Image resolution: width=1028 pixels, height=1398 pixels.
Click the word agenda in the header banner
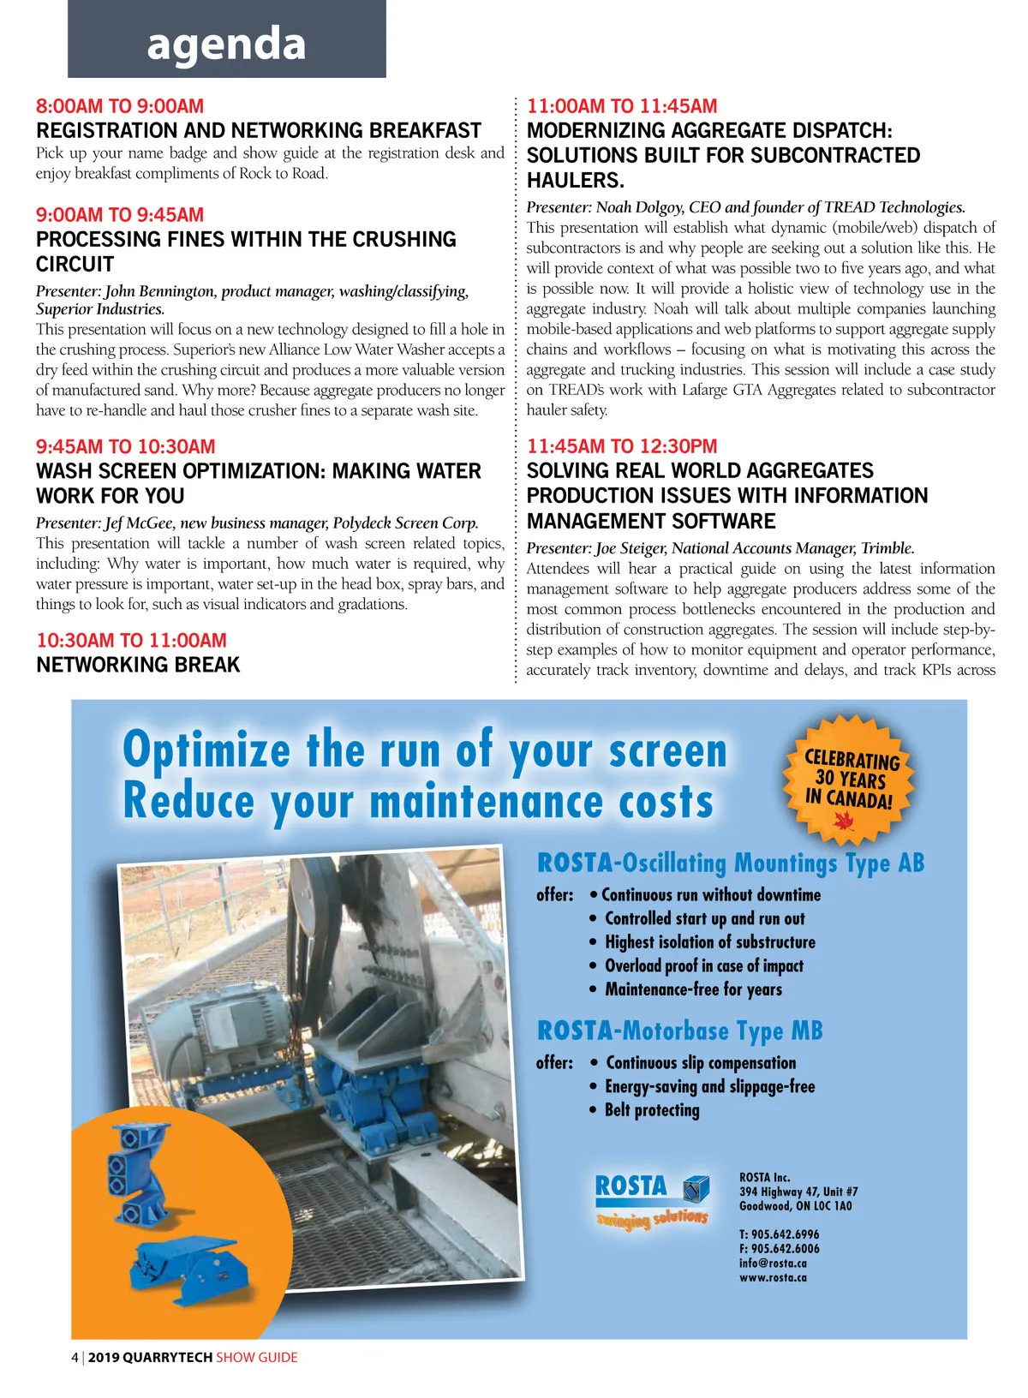[226, 44]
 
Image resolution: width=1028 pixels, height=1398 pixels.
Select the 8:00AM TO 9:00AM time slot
[120, 106]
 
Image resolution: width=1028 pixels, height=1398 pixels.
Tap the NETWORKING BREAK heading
[138, 665]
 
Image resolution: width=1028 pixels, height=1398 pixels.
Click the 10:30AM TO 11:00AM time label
[131, 640]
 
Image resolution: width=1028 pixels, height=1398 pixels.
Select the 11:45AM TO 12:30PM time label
[622, 446]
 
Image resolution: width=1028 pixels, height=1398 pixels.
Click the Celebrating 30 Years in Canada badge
[847, 779]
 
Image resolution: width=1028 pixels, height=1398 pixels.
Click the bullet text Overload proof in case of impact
[703, 966]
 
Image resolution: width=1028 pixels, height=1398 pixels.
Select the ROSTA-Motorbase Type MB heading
[679, 1031]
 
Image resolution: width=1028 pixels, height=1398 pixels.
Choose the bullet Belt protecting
[652, 1110]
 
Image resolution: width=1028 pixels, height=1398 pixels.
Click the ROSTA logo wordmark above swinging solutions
[631, 1186]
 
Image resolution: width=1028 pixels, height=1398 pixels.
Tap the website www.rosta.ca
[773, 1277]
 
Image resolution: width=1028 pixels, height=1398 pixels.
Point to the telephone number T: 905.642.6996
[779, 1234]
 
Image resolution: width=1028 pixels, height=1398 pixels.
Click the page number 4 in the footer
[75, 1357]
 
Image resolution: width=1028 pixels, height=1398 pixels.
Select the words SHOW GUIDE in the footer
[256, 1357]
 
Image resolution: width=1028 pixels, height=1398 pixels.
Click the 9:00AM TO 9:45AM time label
[120, 215]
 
